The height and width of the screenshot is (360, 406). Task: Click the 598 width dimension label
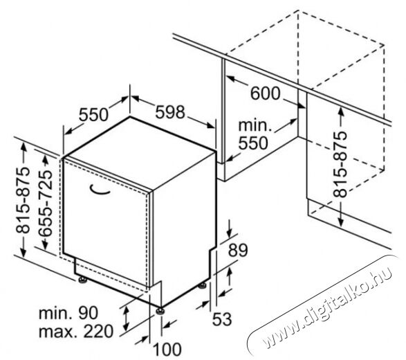[x=170, y=111]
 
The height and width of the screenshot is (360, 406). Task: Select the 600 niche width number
[x=265, y=93]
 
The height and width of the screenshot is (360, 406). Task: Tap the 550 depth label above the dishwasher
[x=93, y=114]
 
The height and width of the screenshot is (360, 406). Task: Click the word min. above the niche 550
[x=255, y=125]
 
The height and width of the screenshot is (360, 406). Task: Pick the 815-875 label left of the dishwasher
[x=23, y=200]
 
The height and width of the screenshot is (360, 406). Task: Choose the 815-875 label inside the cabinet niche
[x=340, y=164]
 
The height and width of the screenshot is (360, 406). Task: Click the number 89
[x=238, y=250]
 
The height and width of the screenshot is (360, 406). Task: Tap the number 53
[x=222, y=319]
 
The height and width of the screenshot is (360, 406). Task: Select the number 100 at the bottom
[x=167, y=350]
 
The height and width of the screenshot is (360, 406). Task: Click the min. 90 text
[x=68, y=313]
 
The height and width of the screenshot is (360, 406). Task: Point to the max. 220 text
[x=76, y=331]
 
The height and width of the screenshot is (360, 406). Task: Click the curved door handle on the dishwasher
[x=99, y=190]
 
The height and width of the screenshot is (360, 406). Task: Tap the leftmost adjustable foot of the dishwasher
[x=82, y=280]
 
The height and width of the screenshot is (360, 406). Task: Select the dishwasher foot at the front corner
[x=160, y=310]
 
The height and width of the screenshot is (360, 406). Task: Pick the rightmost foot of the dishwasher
[x=202, y=286]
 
